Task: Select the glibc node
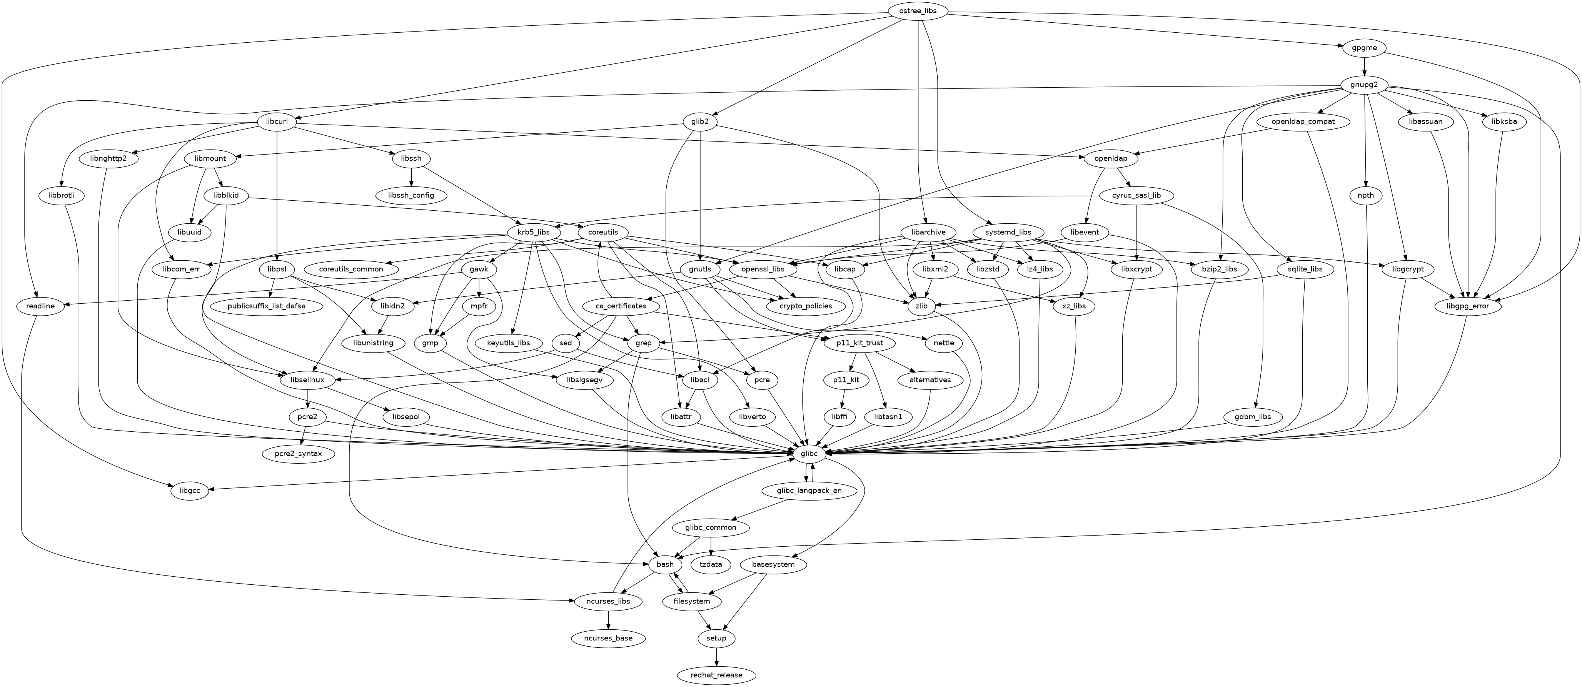point(809,454)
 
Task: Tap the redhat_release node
point(716,675)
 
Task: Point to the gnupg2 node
point(1364,84)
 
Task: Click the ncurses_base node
point(608,638)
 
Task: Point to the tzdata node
point(711,564)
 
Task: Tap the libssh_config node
point(411,195)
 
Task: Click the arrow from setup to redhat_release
point(716,656)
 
